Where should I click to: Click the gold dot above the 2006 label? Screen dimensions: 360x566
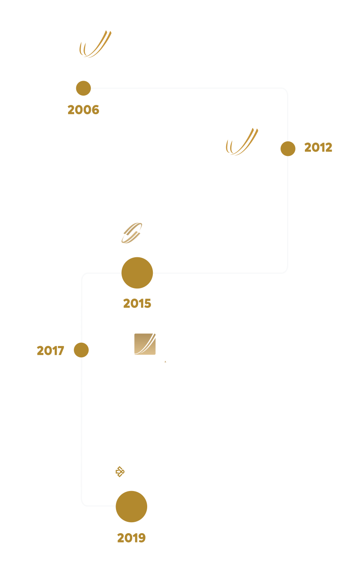(84, 88)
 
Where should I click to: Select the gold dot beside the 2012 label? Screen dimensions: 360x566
(288, 149)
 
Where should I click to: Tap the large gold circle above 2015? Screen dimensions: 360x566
(137, 273)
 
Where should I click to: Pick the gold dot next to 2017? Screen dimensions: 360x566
(81, 350)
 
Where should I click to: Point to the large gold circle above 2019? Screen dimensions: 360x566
(131, 506)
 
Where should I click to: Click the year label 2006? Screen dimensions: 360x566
(84, 110)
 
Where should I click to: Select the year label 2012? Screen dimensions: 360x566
(318, 147)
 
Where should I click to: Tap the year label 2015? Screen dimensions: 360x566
(137, 303)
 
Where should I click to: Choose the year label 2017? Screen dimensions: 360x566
(51, 351)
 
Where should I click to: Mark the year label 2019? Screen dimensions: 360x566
(131, 538)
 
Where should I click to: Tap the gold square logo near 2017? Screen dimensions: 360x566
(145, 344)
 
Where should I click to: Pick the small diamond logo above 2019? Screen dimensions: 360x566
(120, 472)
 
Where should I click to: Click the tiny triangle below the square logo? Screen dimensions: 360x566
(165, 362)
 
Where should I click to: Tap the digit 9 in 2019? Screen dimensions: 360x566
(142, 538)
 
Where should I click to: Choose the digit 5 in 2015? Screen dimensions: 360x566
(148, 303)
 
